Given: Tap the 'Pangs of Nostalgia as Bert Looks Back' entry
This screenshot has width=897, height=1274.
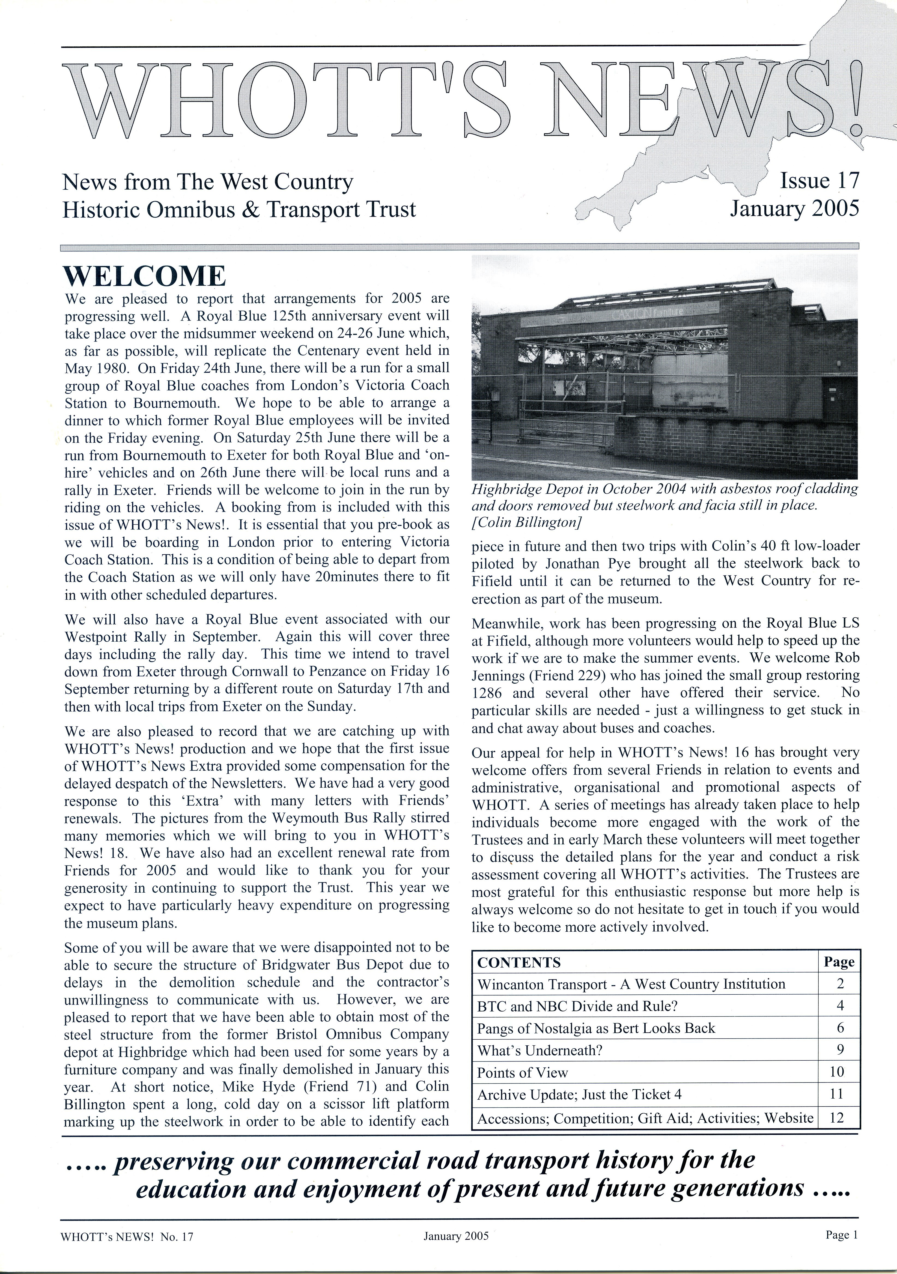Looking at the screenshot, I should click(x=596, y=1028).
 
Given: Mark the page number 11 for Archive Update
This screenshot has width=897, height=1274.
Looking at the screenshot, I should click(x=836, y=1094).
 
